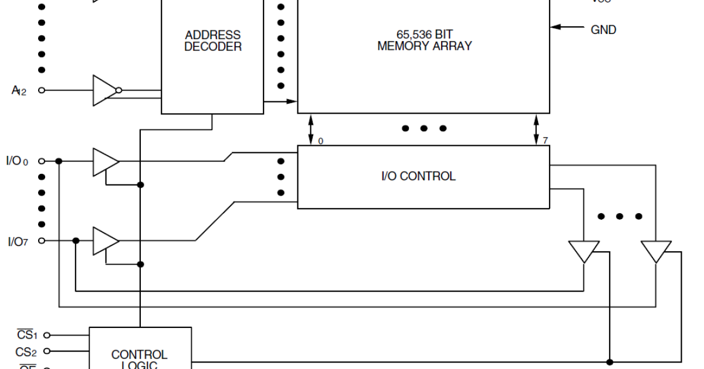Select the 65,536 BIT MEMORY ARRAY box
tap(424, 56)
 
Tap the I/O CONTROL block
tap(424, 176)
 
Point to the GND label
tap(603, 30)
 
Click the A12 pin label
tap(19, 91)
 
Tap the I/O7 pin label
tap(18, 241)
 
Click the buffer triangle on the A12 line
tap(104, 90)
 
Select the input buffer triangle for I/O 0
tap(105, 162)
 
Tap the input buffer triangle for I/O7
tap(105, 241)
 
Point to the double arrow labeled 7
tap(536, 129)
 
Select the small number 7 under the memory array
tap(546, 141)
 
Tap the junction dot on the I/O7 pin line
tap(76, 241)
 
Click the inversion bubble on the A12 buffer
tap(119, 90)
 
